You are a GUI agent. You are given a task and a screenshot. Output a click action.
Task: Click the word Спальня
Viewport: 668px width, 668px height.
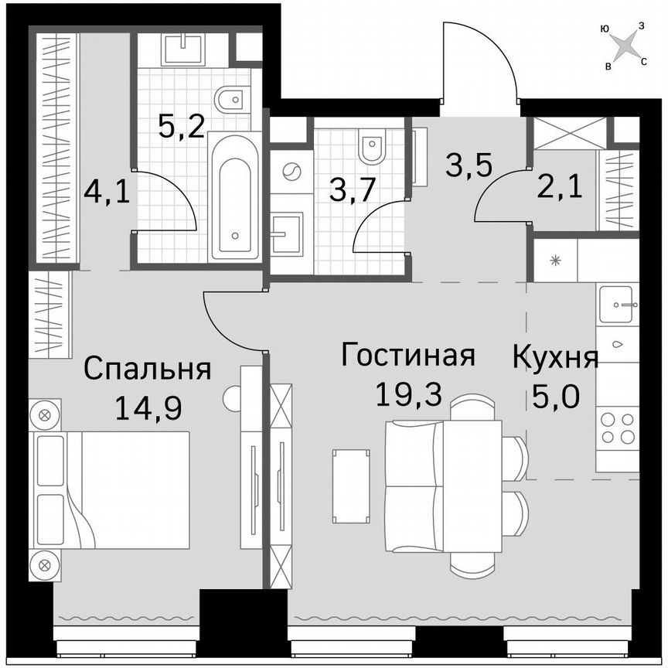147,369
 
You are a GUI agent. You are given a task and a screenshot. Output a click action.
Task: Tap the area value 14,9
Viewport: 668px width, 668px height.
148,407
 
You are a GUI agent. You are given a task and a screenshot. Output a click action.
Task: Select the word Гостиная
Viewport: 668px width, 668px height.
407,356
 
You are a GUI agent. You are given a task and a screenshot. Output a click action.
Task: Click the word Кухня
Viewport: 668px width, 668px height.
555,359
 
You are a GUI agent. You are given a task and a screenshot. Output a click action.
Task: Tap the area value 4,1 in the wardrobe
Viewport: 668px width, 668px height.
107,190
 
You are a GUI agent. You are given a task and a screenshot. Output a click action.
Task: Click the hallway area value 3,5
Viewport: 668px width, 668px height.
469,165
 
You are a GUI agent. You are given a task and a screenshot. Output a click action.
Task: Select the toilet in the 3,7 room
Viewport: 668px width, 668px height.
372,147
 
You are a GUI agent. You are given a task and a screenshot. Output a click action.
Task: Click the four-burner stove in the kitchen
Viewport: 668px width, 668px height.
617,428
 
